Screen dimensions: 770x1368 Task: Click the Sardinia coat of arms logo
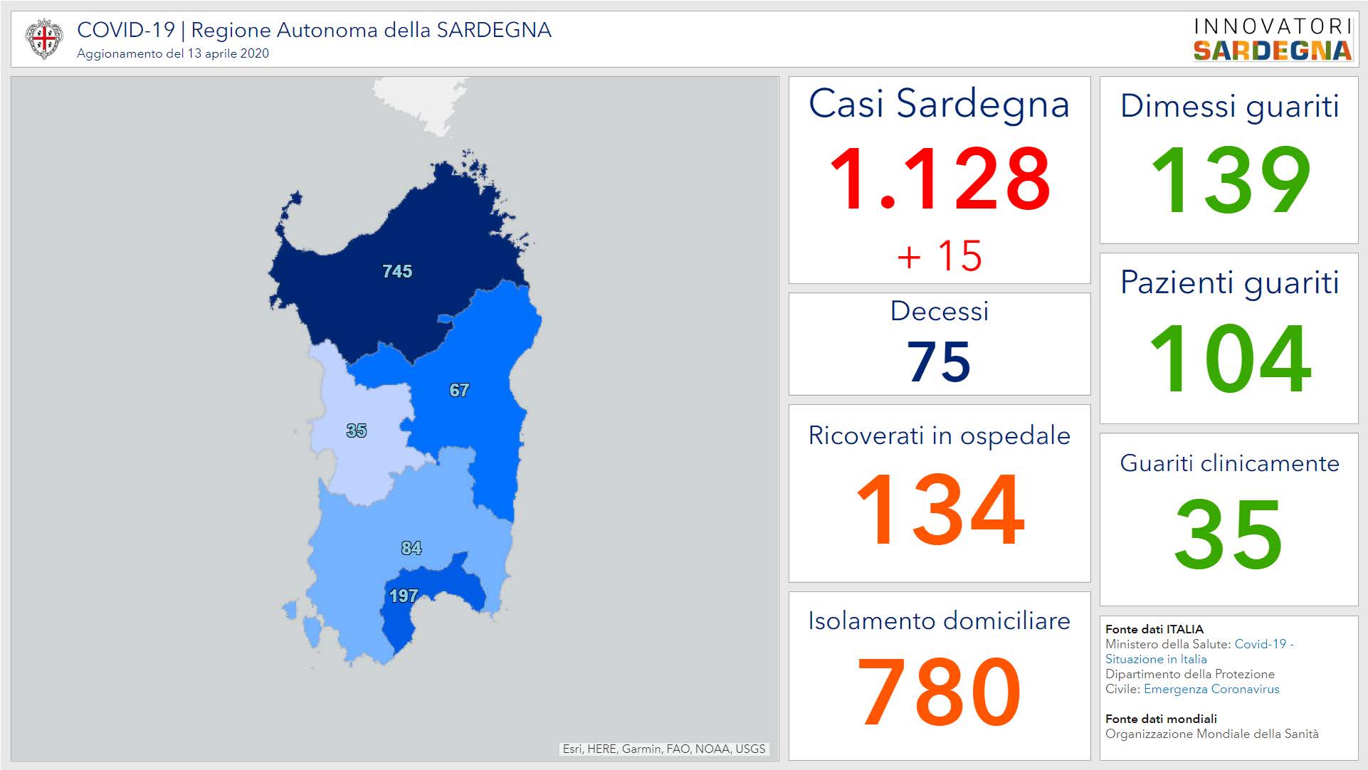[43, 38]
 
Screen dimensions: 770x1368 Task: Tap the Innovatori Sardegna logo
[1272, 39]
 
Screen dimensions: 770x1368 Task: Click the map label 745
[397, 271]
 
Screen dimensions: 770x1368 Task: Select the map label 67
[459, 390]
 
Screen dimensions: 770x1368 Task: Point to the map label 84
[411, 548]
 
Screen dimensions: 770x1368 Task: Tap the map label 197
[403, 596]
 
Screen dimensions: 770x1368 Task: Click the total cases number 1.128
[939, 179]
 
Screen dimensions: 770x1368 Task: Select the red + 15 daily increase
[939, 255]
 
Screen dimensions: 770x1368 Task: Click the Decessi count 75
[939, 362]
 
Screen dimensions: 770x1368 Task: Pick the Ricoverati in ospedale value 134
[939, 510]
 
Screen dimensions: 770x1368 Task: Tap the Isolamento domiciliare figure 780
[939, 692]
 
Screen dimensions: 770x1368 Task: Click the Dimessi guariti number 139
[1229, 179]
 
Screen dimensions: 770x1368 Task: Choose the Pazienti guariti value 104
[1229, 358]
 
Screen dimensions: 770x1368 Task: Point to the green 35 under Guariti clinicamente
[1229, 534]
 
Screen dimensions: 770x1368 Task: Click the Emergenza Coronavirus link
[1211, 689]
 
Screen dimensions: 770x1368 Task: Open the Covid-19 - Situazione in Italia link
[1199, 651]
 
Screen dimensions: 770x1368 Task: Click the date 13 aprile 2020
[228, 53]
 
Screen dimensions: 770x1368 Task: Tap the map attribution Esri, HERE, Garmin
[663, 749]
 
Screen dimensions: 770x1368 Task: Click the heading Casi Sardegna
[939, 104]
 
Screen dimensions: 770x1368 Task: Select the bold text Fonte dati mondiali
[1161, 719]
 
